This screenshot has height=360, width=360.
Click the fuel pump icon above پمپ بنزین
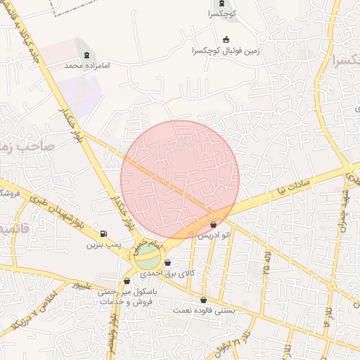[x=104, y=234]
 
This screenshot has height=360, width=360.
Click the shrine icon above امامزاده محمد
[x=86, y=55]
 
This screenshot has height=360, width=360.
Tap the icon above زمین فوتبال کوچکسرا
[x=226, y=40]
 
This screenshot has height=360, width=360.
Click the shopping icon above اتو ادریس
[x=214, y=224]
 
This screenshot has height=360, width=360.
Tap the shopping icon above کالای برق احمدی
[x=167, y=263]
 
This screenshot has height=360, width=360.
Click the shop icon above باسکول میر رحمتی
[x=127, y=281]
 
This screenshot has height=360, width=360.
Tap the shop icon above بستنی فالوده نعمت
[x=204, y=300]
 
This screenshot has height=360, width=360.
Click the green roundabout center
[x=148, y=257]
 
